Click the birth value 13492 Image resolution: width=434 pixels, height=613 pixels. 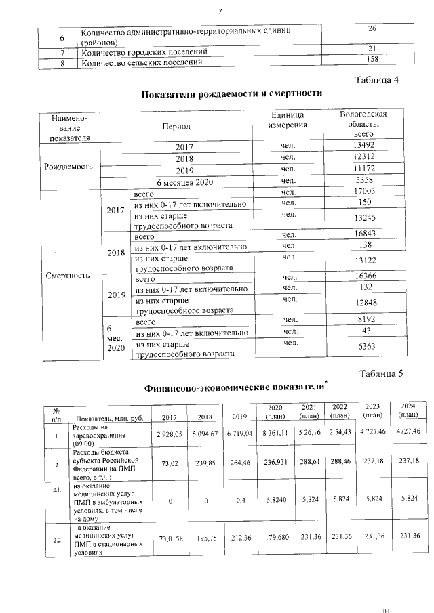363,146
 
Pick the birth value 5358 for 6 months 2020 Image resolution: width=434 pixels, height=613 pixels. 363,181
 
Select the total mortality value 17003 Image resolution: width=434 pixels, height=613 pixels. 365,193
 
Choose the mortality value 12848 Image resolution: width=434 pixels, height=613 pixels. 365,305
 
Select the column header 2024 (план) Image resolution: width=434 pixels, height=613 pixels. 408,410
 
